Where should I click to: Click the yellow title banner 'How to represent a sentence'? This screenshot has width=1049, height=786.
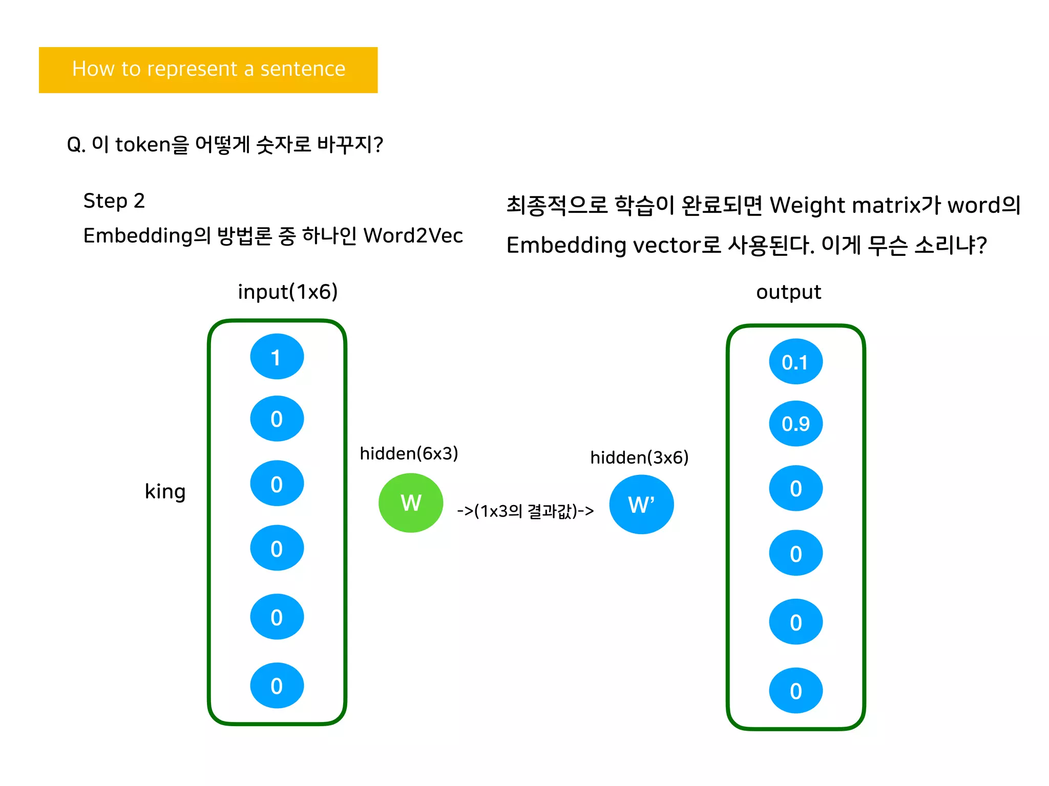(x=208, y=70)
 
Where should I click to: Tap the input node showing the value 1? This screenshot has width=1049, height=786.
(x=277, y=357)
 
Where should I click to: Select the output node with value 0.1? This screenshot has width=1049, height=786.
(x=795, y=362)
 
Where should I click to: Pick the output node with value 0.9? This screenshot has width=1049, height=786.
(x=795, y=424)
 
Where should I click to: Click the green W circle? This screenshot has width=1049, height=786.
(x=411, y=503)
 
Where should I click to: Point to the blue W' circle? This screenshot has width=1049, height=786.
(x=641, y=505)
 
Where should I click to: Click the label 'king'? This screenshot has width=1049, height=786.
(x=165, y=491)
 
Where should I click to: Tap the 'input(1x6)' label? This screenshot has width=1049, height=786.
(x=288, y=292)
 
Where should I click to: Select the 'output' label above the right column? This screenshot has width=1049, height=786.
(x=788, y=292)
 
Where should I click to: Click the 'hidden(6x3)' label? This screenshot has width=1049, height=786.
(x=409, y=453)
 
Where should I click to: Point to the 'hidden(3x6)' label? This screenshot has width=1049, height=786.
(x=639, y=457)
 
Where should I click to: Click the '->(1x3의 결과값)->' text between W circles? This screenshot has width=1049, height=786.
(x=526, y=511)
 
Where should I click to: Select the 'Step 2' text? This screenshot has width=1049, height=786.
(x=114, y=201)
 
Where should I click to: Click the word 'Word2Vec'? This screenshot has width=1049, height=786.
(x=413, y=236)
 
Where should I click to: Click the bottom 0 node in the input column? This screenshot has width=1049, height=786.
(x=277, y=686)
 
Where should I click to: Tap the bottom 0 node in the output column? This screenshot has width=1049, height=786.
(x=795, y=691)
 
